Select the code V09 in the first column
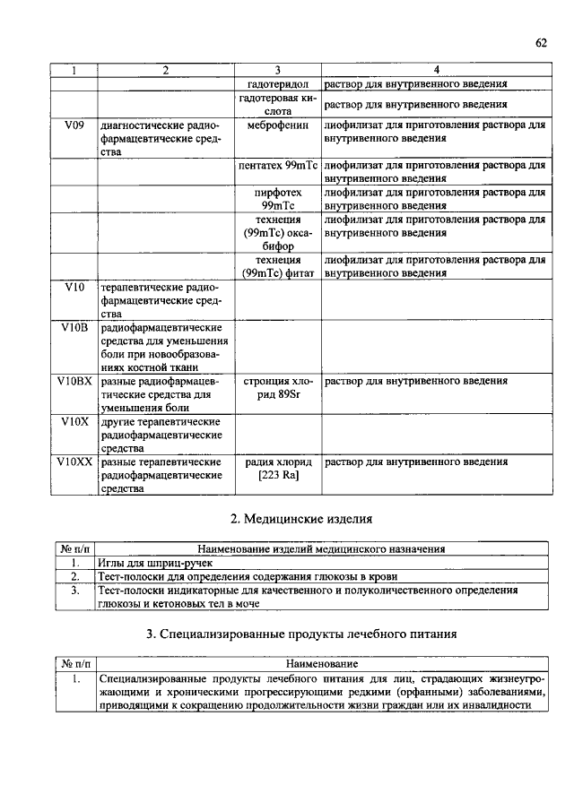click(74, 127)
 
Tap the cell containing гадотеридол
click(277, 84)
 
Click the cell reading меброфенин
click(277, 127)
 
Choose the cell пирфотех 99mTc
click(277, 199)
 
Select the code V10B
click(74, 329)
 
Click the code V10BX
click(74, 381)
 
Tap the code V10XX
click(74, 462)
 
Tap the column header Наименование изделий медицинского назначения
click(320, 548)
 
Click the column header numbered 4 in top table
click(435, 71)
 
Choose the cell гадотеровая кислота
click(277, 104)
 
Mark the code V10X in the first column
click(74, 421)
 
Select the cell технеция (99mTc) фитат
click(277, 266)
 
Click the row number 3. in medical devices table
click(74, 591)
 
